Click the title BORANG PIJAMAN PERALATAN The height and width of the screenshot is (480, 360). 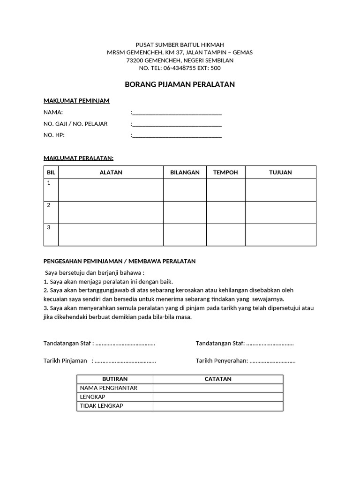pos(180,85)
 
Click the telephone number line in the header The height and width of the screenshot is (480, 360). pos(180,68)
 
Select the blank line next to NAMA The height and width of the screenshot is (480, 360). pos(177,113)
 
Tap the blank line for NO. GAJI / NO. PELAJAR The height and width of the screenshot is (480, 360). pos(177,125)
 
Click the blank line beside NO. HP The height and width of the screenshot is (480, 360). pos(177,136)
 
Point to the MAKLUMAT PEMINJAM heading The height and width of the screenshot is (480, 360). pos(76,101)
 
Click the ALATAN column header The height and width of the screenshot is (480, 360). pos(111,172)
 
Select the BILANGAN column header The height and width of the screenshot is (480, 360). pos(185,172)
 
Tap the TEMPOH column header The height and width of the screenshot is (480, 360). pos(225,172)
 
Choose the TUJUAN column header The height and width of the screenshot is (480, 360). pos(280,172)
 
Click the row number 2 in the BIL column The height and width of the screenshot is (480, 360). pos(49,205)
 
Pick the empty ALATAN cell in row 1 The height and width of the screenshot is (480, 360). pos(111,190)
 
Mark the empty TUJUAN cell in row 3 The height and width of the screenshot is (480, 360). pos(280,235)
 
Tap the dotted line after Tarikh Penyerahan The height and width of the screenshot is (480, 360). pos(272,361)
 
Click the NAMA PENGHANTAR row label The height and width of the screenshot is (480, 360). pos(108,388)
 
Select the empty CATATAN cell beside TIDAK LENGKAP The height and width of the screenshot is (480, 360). pos(218,406)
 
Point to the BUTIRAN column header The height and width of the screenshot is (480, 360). pos(115,379)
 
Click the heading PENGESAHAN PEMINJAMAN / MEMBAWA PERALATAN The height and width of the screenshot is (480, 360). pos(120,261)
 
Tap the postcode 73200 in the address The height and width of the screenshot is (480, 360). pos(135,60)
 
